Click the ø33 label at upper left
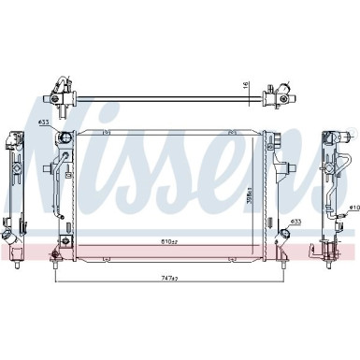coord(43,123)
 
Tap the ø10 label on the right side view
coord(353,207)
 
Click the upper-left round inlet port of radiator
coord(65,140)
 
